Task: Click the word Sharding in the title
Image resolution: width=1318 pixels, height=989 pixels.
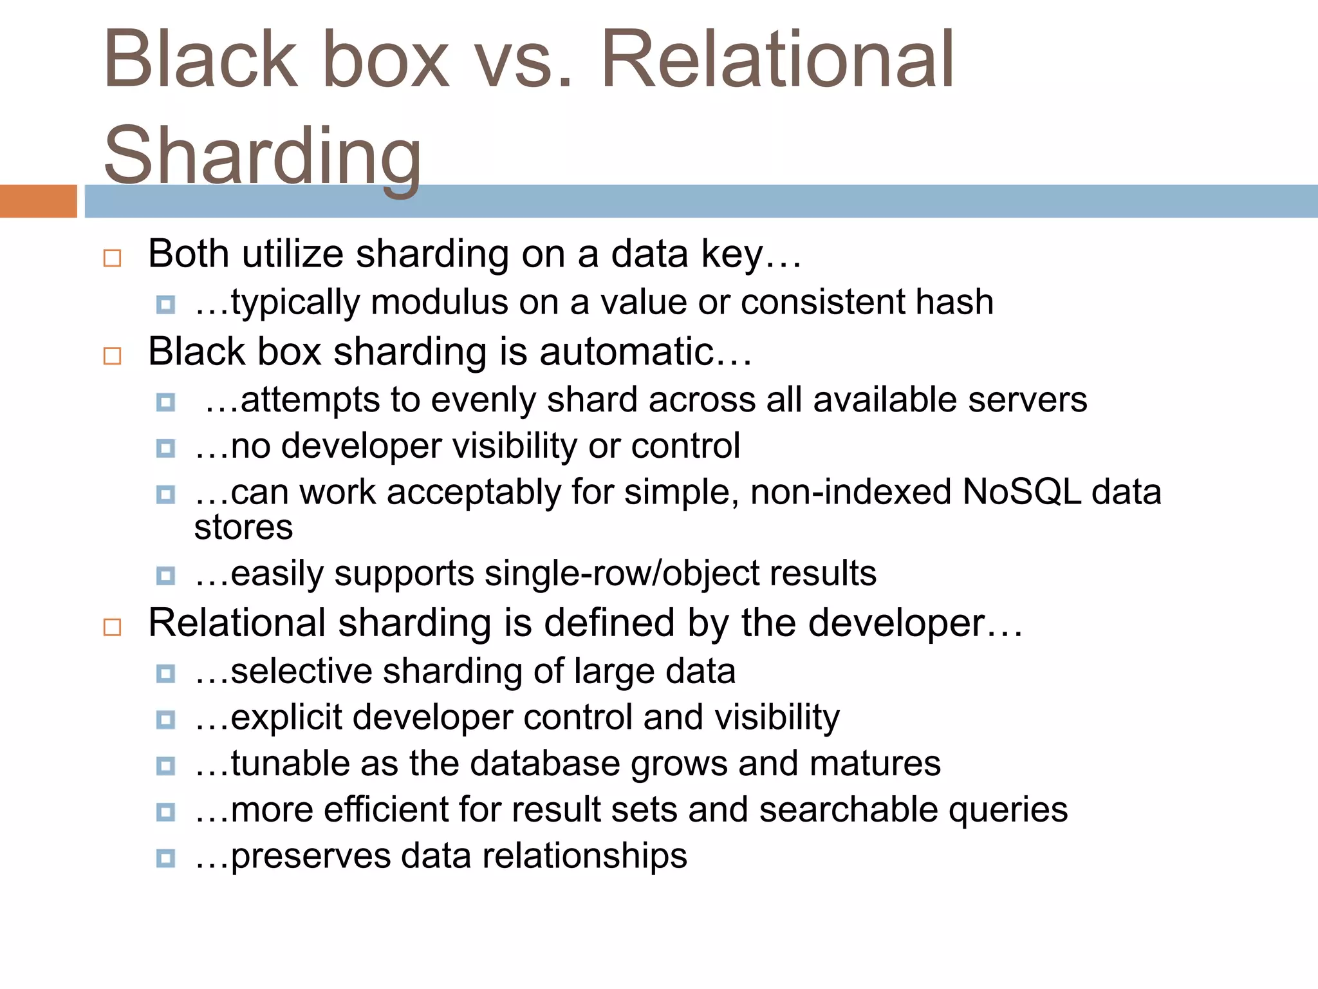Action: coord(263,156)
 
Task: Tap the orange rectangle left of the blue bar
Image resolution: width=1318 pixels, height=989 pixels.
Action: coord(38,201)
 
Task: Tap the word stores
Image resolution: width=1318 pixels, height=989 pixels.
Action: coord(243,527)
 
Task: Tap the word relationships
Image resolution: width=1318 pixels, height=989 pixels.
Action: coord(584,856)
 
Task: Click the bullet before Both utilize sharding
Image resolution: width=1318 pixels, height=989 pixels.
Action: coord(112,258)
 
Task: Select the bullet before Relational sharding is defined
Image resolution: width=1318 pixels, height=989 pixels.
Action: coord(112,627)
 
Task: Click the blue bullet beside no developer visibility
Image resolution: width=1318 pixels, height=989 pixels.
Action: coord(165,448)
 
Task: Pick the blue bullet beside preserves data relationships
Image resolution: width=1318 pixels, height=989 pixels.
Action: coord(165,858)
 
